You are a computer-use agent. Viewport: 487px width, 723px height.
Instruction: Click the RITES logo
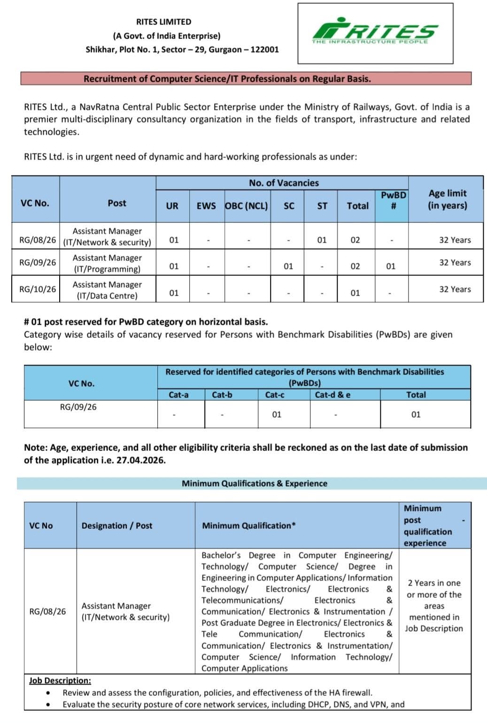pos(375,32)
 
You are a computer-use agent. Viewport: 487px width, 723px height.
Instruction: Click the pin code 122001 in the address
pos(264,50)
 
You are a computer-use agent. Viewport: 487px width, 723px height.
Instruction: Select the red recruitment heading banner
pos(246,79)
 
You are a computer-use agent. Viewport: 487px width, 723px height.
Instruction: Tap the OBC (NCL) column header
pos(247,206)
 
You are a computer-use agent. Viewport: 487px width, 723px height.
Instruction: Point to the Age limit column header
pos(447,199)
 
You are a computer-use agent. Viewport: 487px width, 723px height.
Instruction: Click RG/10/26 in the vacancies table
pos(38,289)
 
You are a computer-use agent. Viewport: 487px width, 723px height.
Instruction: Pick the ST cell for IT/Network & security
pos(322,240)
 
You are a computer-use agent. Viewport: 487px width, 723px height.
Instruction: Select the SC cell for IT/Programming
pos(288,266)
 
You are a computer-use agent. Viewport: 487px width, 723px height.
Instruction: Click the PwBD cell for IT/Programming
pos(391,266)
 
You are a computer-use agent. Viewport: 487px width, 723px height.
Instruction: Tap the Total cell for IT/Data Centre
pos(356,293)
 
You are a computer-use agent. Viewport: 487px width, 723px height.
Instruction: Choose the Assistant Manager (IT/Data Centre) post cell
pos(107,290)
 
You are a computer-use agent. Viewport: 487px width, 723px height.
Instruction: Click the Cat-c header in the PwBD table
pos(275,395)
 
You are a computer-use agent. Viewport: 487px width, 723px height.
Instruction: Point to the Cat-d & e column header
pos(332,395)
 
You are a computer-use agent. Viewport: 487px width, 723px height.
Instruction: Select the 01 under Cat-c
pos(277,415)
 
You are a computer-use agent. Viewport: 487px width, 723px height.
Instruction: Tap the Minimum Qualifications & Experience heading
pos(255,484)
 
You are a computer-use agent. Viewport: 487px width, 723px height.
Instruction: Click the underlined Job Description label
pos(60,681)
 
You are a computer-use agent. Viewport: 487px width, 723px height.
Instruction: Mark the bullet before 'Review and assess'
pos(48,693)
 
